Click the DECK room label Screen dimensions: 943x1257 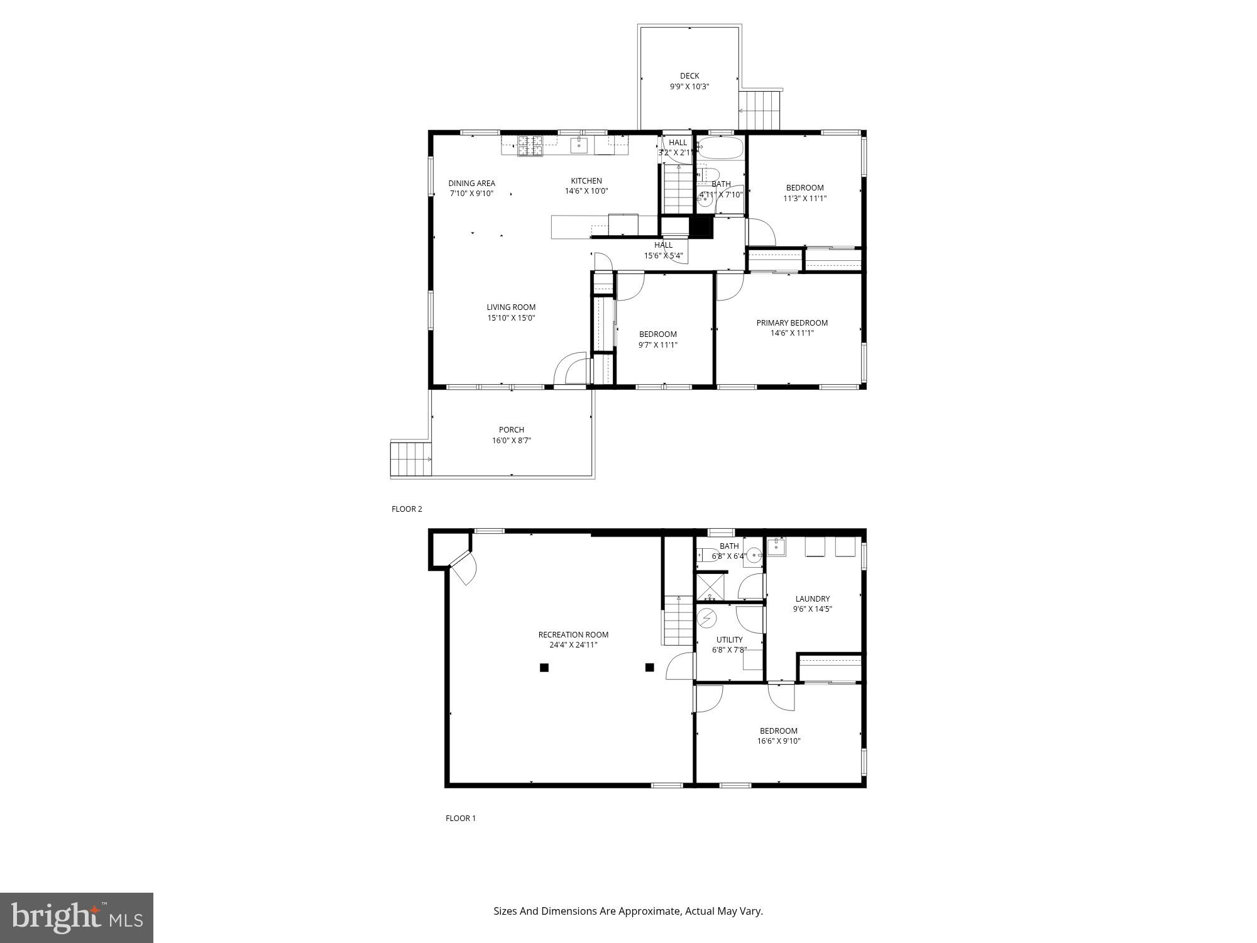pos(689,76)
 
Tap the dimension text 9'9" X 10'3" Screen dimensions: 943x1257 pos(689,87)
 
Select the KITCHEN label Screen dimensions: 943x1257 pos(586,181)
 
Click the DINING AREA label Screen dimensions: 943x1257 pos(471,184)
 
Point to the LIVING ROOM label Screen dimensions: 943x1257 pos(510,307)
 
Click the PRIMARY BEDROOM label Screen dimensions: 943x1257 pos(792,323)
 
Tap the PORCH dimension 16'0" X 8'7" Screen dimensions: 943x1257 pos(511,441)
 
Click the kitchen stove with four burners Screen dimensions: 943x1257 pos(529,146)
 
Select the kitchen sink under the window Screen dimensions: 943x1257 pos(579,145)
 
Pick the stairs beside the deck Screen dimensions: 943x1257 pos(759,110)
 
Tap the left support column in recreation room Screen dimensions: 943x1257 pos(544,668)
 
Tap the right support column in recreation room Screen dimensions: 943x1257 pos(650,668)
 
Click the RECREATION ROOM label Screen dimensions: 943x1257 pos(573,635)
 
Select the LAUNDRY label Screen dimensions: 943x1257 pos(812,599)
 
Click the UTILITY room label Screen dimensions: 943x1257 pos(729,640)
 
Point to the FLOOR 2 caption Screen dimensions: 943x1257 pos(407,509)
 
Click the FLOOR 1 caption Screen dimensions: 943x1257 pos(461,819)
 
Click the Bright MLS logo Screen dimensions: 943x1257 pos(77,917)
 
